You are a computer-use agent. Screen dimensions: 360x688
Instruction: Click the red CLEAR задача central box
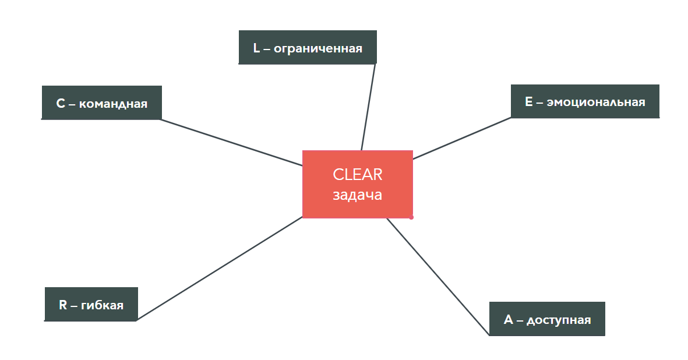point(357,184)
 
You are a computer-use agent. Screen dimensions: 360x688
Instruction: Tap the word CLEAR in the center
point(357,174)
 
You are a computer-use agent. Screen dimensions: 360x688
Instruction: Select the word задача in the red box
point(357,195)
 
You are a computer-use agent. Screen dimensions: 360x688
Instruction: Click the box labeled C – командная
point(101,103)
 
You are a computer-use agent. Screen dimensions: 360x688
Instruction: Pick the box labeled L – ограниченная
point(308,48)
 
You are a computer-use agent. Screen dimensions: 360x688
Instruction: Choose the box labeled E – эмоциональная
point(585,101)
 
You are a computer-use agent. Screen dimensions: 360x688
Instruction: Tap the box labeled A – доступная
point(546,319)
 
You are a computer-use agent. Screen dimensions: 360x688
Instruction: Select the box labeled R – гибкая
point(91,304)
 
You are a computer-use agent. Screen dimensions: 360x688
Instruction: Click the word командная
point(113,104)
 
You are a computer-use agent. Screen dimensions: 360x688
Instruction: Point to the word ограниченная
point(318,48)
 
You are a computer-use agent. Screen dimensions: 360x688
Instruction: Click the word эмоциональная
point(596,102)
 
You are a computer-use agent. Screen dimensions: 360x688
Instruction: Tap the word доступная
point(559,320)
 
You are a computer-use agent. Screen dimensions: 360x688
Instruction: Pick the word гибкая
point(103,305)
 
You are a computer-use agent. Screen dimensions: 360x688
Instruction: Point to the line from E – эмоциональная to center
point(462,138)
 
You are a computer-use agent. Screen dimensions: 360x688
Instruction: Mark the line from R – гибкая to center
point(220,269)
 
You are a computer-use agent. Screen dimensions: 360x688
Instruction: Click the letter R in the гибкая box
point(63,305)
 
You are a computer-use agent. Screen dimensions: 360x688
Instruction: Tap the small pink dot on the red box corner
point(411,217)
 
